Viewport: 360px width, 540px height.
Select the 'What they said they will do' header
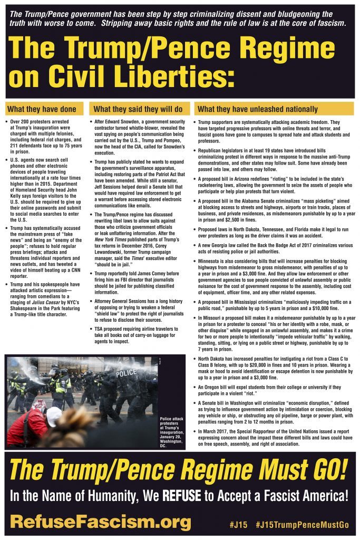coord(138,109)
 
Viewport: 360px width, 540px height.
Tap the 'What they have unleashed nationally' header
coord(257,109)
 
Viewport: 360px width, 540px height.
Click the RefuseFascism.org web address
coord(100,523)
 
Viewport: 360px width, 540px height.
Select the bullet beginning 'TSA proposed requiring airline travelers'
coord(138,335)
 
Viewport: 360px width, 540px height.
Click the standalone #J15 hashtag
coord(238,525)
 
